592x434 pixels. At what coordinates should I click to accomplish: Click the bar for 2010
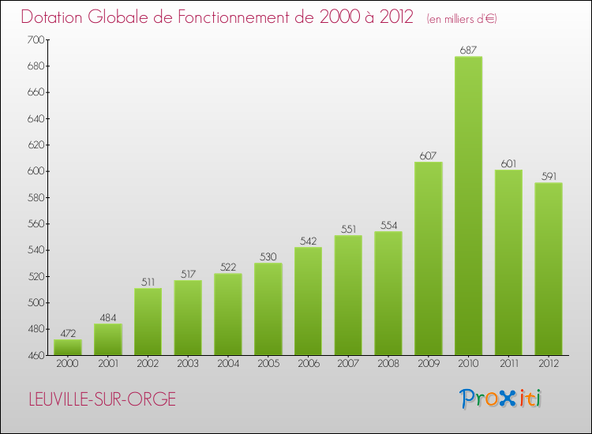[x=468, y=205]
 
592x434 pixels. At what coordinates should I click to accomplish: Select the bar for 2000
[x=67, y=347]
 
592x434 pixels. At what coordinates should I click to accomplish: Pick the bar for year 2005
[x=268, y=309]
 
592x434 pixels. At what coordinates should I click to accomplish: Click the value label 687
[x=468, y=50]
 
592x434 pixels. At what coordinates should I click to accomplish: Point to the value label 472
[x=67, y=333]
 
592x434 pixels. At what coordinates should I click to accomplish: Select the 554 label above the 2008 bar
[x=388, y=225]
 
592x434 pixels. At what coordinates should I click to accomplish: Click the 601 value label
[x=508, y=163]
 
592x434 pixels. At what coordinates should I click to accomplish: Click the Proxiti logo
[x=500, y=398]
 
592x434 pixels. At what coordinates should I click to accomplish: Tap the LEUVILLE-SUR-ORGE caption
[x=99, y=399]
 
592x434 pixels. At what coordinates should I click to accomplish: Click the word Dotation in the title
[x=56, y=17]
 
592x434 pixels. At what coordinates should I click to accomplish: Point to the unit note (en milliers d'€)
[x=462, y=18]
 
